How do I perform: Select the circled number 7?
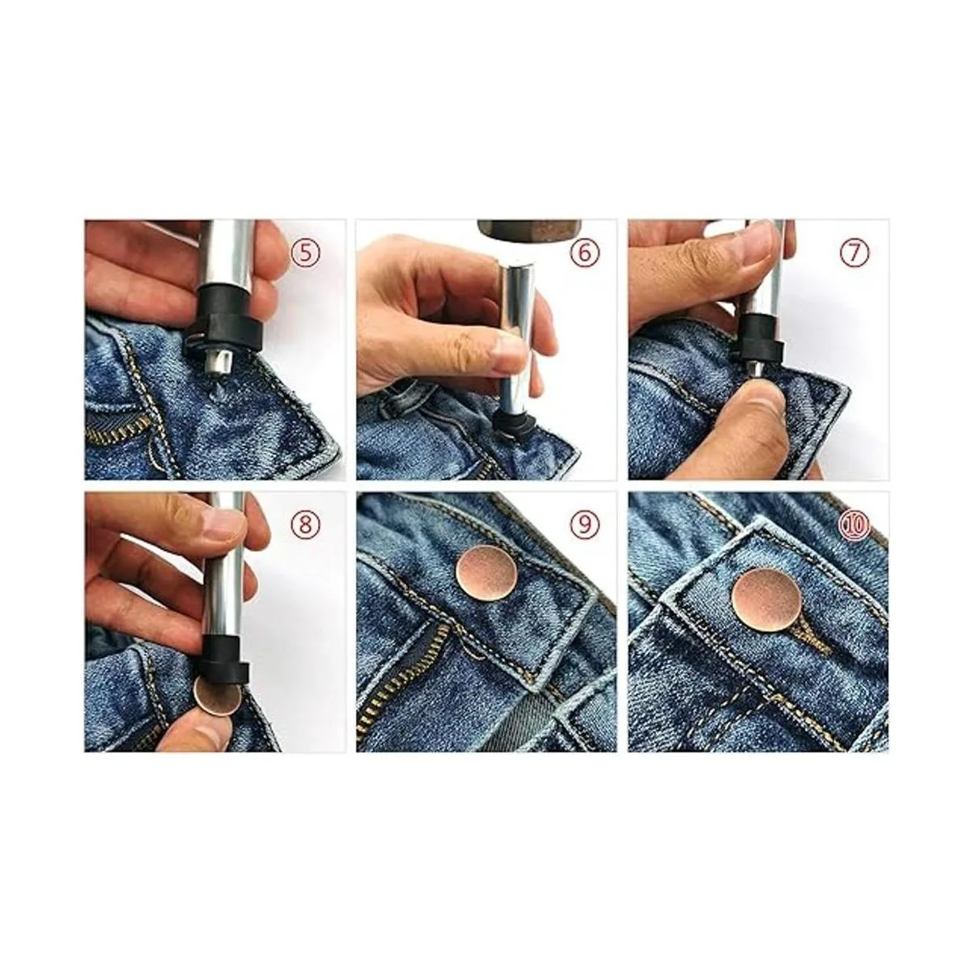[854, 253]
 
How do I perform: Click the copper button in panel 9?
[487, 574]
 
